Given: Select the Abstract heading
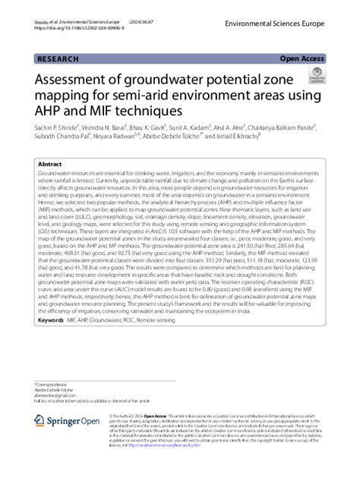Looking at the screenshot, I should [x=50, y=164].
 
